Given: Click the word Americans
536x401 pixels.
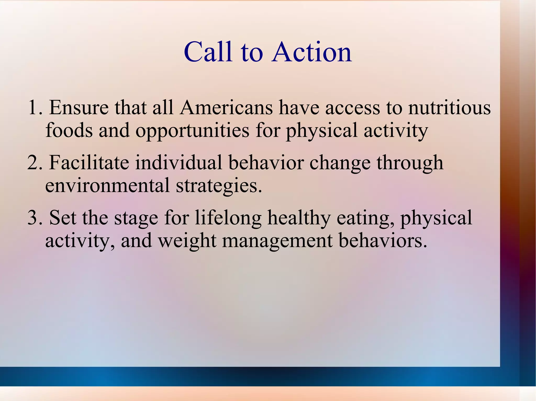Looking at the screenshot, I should pyautogui.click(x=226, y=108).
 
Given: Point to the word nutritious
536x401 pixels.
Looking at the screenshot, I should pyautogui.click(x=449, y=108).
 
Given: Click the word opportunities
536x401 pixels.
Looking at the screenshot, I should pyautogui.click(x=192, y=130).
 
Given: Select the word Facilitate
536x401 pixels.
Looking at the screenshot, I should pyautogui.click(x=89, y=163).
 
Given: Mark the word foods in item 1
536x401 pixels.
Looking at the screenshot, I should pyautogui.click(x=69, y=130).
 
